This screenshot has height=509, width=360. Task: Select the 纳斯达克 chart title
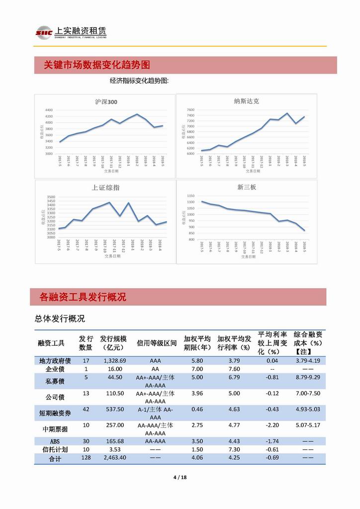coord(246,101)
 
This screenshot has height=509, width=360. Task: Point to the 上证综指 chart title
coord(105,188)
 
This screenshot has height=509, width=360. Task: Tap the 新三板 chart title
coord(247,187)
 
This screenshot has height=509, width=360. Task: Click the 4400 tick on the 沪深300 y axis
coord(49,110)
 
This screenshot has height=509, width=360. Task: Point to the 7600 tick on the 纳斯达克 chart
coord(190,109)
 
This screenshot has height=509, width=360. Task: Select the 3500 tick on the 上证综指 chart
coord(49,197)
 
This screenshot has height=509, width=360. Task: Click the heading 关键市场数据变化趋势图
coord(97,65)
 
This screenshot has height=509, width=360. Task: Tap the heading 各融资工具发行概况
coord(83,297)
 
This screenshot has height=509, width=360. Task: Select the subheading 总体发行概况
coord(60,318)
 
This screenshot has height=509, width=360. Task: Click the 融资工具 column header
coord(51,343)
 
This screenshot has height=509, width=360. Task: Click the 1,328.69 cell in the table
coord(111,360)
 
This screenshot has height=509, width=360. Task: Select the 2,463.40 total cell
coord(112,458)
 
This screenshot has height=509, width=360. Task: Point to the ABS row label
coord(55,441)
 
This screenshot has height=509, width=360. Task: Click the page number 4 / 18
coord(180,478)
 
